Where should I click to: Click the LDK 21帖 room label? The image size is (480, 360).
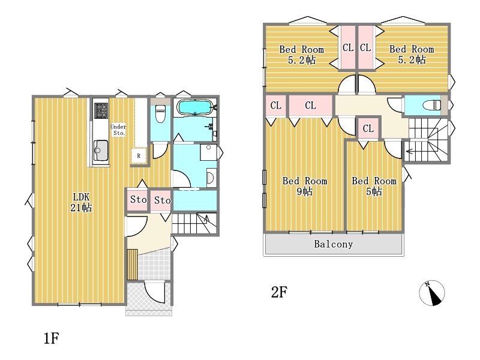tap(81, 202)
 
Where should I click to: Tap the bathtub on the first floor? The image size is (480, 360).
tap(194, 107)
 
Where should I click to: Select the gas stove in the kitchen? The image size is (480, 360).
tap(101, 110)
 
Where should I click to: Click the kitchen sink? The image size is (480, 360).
tap(101, 151)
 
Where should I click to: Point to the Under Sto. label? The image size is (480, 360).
tap(118, 130)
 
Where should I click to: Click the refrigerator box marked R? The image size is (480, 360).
tap(139, 156)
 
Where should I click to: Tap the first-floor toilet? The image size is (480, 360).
tap(160, 113)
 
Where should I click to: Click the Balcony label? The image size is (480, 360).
tap(334, 244)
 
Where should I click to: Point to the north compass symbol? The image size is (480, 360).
tap(431, 293)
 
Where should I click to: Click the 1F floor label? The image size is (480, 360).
tap(51, 338)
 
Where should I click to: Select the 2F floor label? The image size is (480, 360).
tap(279, 292)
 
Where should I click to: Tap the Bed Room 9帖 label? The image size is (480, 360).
tap(305, 186)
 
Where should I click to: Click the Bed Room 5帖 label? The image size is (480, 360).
tap(374, 186)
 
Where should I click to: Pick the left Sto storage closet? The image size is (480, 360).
tap(139, 200)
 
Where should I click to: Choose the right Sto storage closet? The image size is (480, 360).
tap(161, 200)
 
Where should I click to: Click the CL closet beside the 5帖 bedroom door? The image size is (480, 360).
tap(368, 128)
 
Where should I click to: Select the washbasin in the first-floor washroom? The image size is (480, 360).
tap(211, 177)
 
